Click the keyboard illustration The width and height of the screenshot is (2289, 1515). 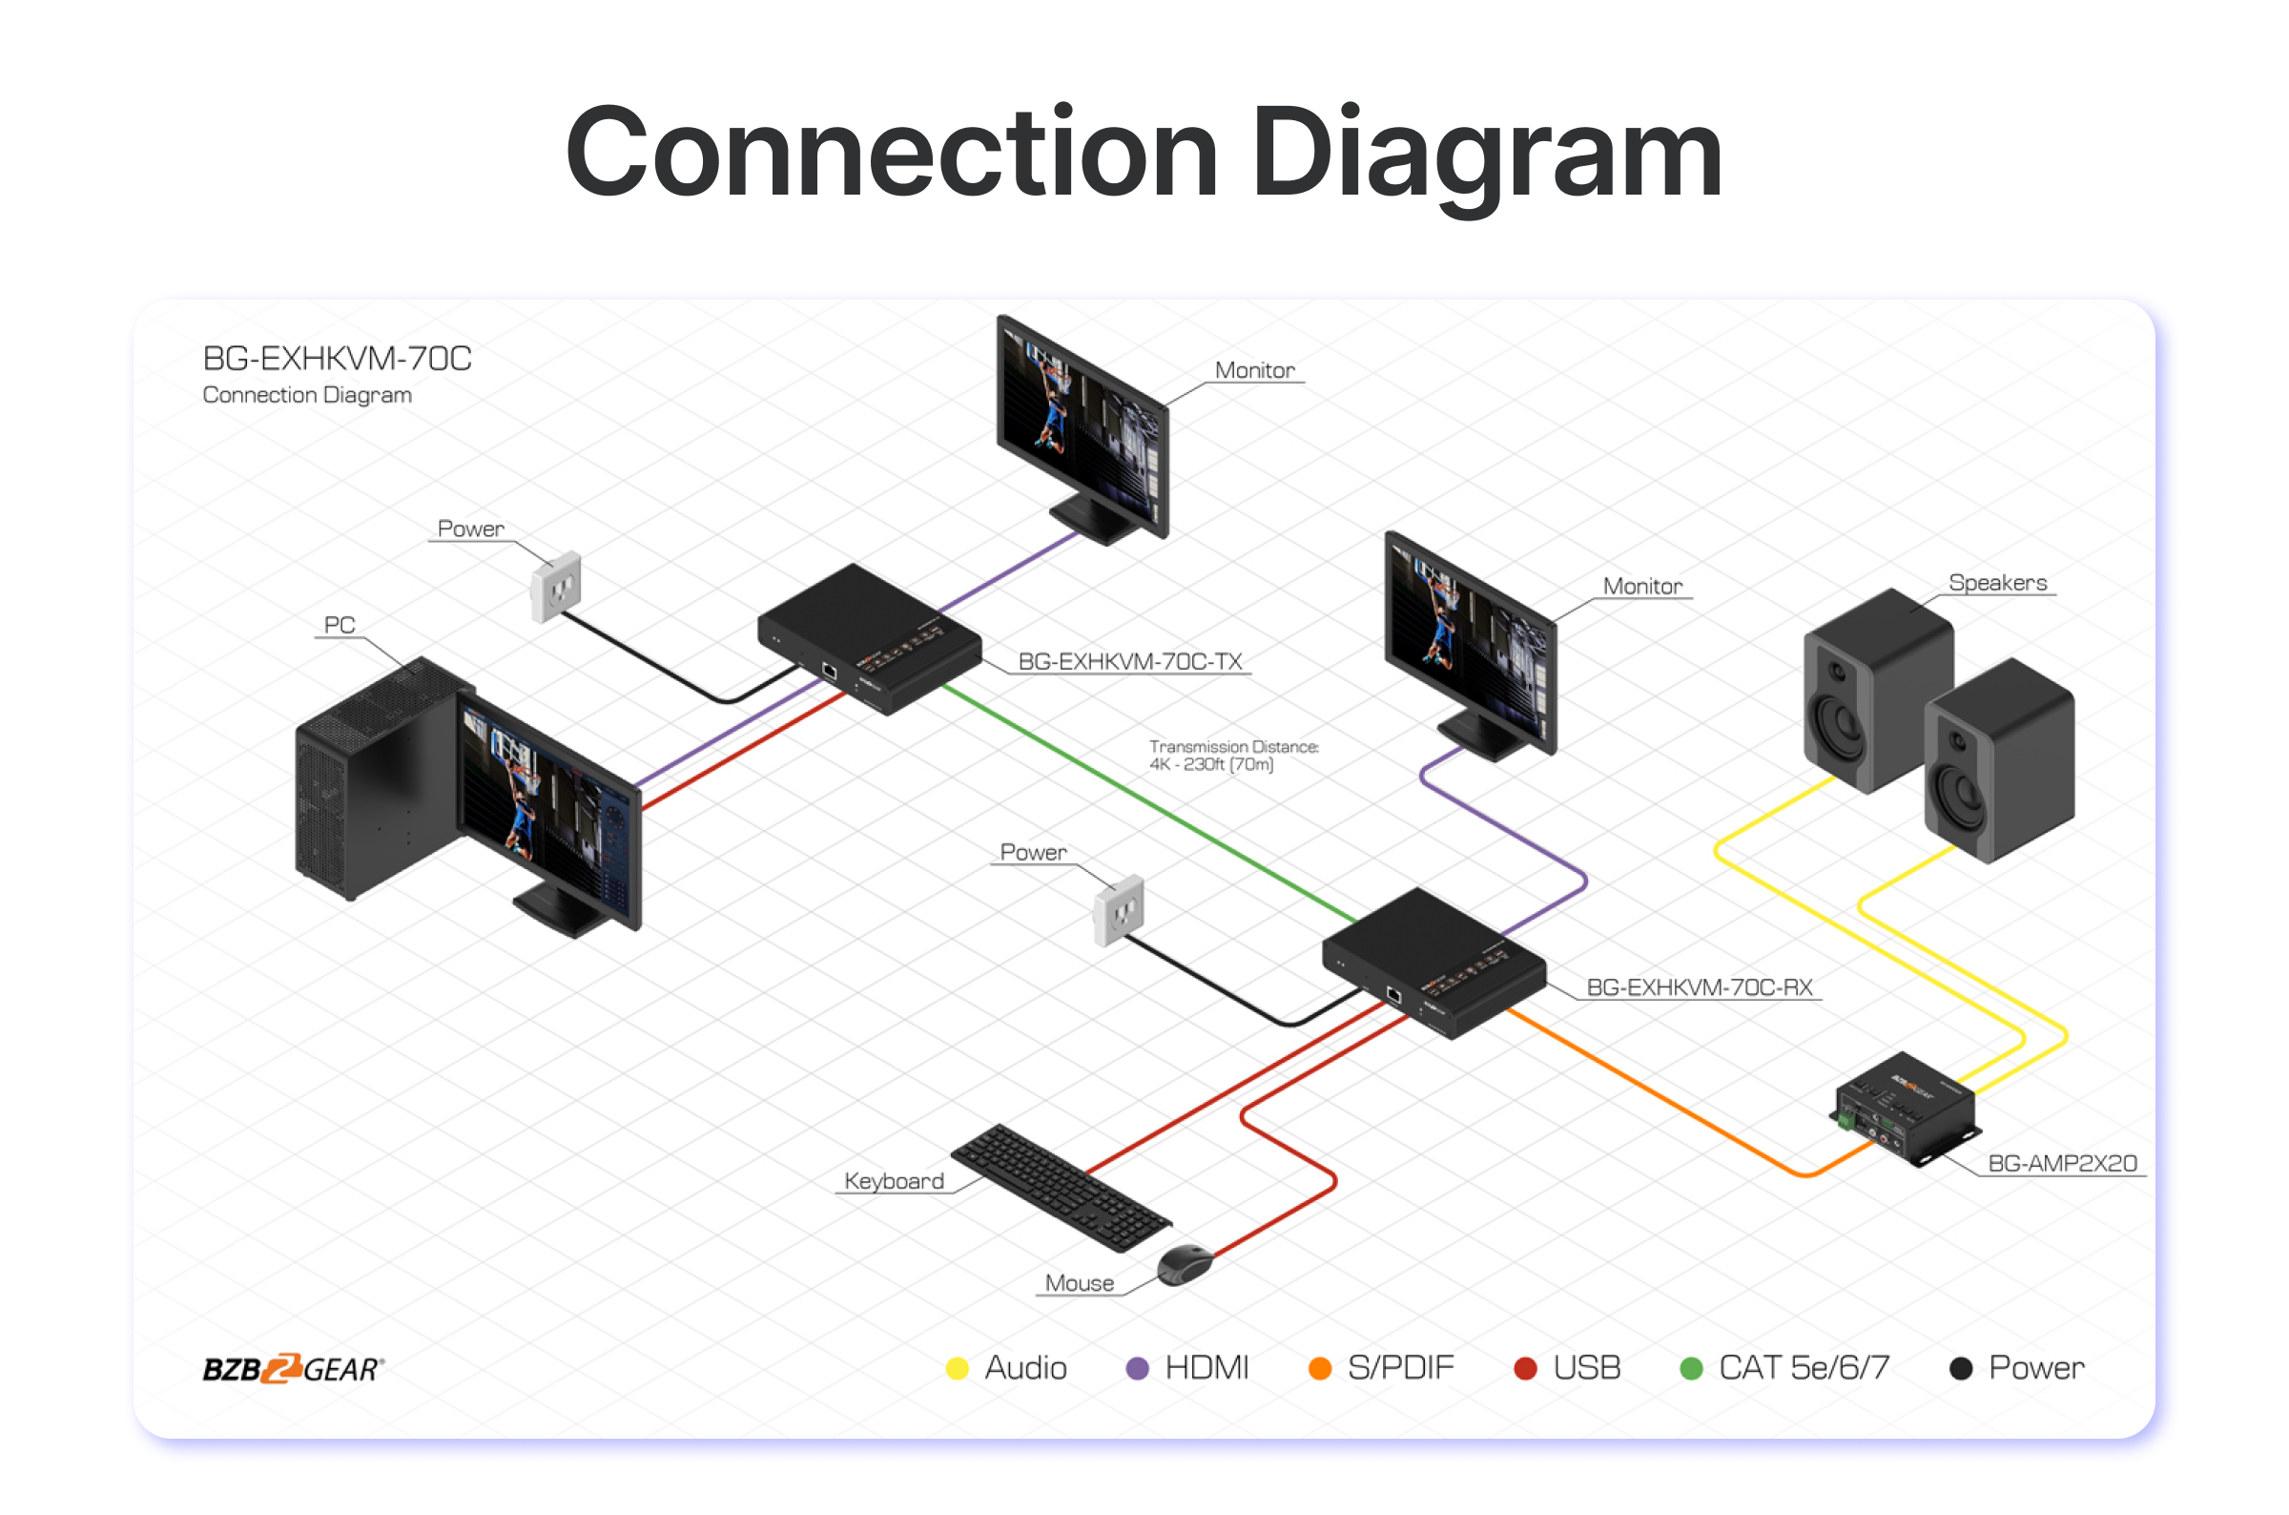(x=1061, y=1188)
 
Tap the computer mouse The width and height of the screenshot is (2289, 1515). (x=1186, y=1263)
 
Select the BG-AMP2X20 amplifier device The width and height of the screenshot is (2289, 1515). (x=1904, y=1110)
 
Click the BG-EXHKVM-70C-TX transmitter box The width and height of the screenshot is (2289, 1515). (x=868, y=637)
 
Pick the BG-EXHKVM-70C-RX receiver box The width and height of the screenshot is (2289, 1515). (x=1433, y=963)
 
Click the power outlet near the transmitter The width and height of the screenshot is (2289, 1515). (x=556, y=585)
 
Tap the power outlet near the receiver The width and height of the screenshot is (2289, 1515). (x=1119, y=909)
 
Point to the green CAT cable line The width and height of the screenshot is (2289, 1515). (x=1149, y=802)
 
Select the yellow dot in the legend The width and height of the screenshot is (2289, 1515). (x=958, y=1368)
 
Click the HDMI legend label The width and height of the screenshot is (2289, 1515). (x=1206, y=1368)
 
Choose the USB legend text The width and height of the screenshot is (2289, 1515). (x=1586, y=1368)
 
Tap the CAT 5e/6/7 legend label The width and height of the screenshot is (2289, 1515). (x=1804, y=1368)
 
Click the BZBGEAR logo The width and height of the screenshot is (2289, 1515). (x=294, y=1368)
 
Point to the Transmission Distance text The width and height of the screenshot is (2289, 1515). (x=1232, y=755)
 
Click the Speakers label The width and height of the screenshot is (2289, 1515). (x=1997, y=583)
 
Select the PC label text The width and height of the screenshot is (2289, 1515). (x=339, y=625)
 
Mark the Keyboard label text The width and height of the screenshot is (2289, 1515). (x=894, y=1181)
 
